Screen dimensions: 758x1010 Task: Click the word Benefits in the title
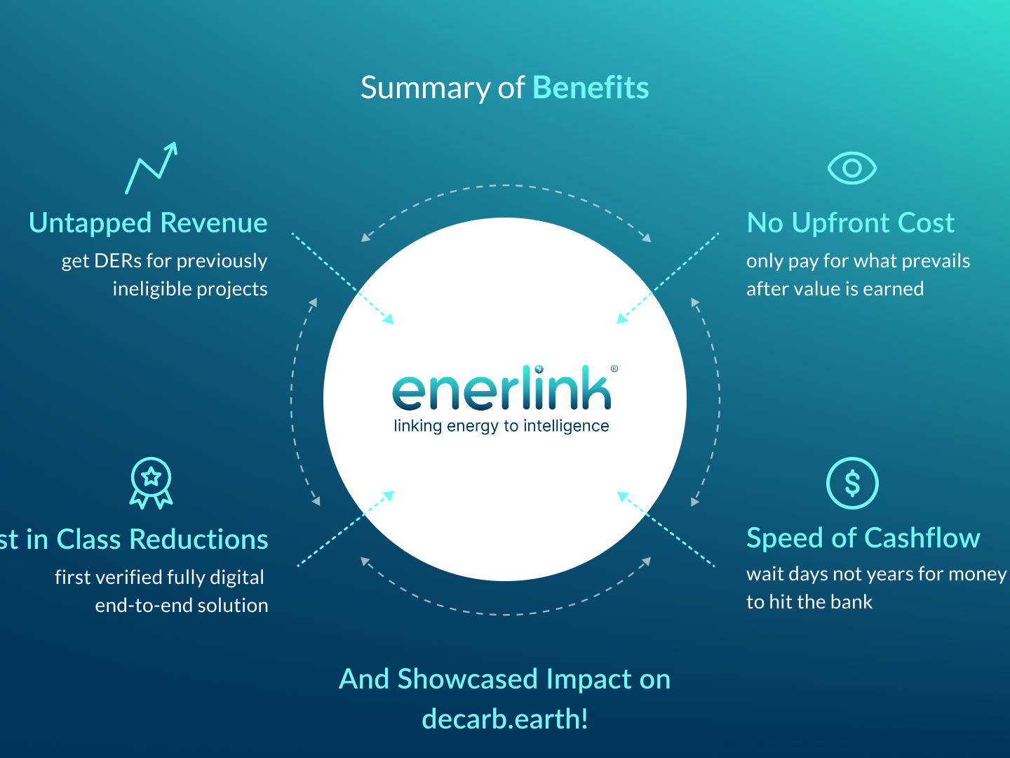tap(591, 88)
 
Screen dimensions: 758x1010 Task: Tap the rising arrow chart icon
tap(151, 168)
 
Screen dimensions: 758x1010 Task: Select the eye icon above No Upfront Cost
tap(851, 168)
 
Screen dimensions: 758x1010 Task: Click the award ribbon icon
tap(151, 483)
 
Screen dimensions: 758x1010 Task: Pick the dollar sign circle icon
tap(852, 484)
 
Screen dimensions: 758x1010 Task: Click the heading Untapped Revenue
tap(148, 223)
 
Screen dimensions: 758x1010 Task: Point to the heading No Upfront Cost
tap(850, 223)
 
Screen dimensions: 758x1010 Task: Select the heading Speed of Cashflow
tap(863, 538)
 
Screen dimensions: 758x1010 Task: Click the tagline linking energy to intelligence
tap(501, 426)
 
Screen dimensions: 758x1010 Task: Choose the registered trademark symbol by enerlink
tap(614, 368)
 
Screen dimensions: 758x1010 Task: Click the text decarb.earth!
tap(505, 719)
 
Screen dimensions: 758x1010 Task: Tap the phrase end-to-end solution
tap(182, 606)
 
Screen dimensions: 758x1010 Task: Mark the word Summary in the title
tap(425, 88)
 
